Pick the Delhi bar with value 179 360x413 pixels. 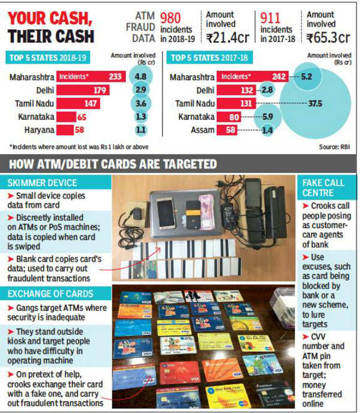[x=83, y=90]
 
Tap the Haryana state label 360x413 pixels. [x=37, y=128]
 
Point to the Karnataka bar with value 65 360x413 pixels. [x=67, y=115]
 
